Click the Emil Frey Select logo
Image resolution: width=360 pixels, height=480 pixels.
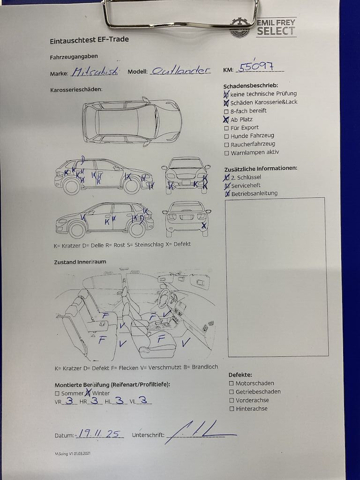[263, 28]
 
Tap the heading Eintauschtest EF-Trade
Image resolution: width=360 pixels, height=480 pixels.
[89, 40]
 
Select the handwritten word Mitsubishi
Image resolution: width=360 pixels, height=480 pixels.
[95, 72]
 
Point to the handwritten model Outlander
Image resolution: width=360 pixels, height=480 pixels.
[181, 71]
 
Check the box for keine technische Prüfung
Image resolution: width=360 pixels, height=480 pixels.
[226, 94]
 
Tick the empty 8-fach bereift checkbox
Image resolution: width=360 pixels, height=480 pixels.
[226, 112]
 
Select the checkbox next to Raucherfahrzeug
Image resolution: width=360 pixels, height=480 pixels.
[226, 145]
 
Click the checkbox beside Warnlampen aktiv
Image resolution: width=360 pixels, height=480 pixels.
[226, 153]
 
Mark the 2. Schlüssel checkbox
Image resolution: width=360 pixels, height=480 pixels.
[226, 178]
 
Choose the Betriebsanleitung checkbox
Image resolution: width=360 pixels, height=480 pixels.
[227, 194]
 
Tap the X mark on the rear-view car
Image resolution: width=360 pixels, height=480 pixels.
[204, 226]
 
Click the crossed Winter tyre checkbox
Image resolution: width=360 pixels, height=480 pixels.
[88, 393]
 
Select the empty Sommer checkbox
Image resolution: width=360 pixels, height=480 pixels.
[57, 394]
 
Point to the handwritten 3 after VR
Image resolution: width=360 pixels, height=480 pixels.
[69, 400]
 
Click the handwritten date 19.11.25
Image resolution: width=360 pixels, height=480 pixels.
[99, 433]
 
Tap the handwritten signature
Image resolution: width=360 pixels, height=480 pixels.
[201, 432]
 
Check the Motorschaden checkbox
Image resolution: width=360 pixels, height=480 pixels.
[232, 383]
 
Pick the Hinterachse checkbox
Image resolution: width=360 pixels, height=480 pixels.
[232, 409]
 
